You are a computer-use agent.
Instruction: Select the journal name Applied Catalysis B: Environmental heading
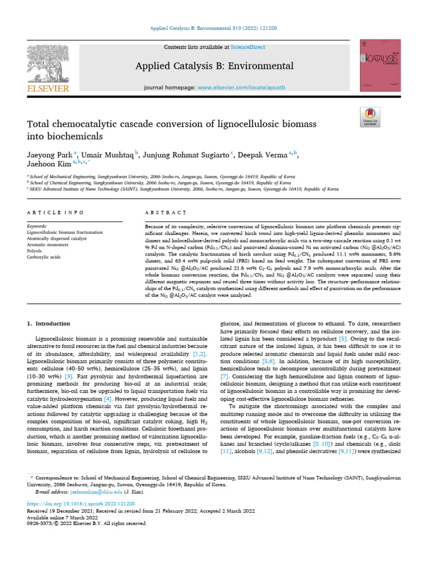tap(215, 66)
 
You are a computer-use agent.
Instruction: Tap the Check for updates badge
tap(370, 115)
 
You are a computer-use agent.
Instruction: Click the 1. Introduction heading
tap(49, 323)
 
